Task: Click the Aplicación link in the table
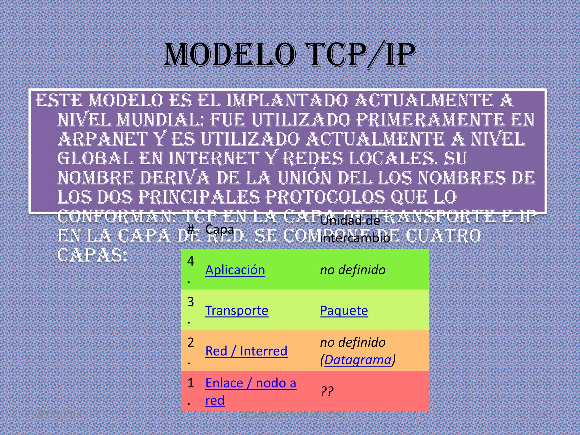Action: click(x=235, y=270)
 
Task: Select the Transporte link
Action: click(x=237, y=311)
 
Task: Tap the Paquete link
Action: click(x=344, y=311)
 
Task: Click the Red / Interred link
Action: click(x=246, y=351)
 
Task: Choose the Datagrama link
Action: click(x=357, y=360)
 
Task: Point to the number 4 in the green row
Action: click(x=191, y=261)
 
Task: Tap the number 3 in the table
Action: click(x=191, y=302)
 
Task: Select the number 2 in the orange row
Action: click(x=191, y=342)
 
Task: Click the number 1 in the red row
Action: click(x=191, y=383)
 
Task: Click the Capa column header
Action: click(x=220, y=229)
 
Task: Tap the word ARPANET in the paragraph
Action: click(x=103, y=139)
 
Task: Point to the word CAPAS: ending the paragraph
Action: click(x=92, y=255)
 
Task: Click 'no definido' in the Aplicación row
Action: click(x=353, y=270)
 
